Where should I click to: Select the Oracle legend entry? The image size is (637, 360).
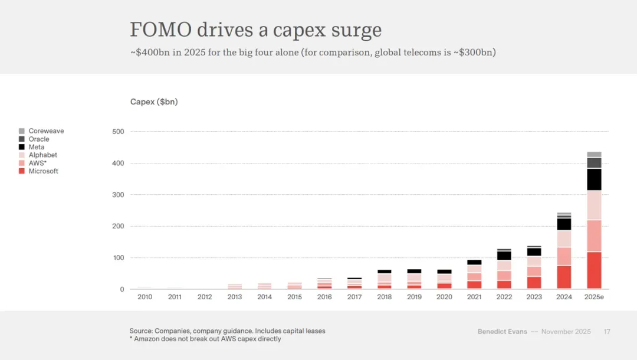click(x=39, y=139)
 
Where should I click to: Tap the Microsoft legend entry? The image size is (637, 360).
click(x=43, y=171)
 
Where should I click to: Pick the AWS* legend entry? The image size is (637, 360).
click(x=37, y=163)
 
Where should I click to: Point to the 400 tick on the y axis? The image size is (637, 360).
click(x=118, y=163)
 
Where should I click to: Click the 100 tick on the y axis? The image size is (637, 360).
click(x=118, y=258)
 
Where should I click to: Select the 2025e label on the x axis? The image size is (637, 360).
click(x=594, y=297)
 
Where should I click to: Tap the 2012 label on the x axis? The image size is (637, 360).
click(x=205, y=297)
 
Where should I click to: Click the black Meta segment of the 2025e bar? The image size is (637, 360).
click(x=594, y=179)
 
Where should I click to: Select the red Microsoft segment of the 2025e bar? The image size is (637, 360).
click(x=594, y=270)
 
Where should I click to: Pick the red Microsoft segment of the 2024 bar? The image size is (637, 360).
click(x=564, y=277)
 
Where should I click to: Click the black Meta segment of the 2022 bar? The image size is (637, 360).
click(x=504, y=256)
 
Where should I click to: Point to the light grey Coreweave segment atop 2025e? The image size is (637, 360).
click(x=594, y=155)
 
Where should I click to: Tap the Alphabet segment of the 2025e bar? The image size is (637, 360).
click(x=594, y=205)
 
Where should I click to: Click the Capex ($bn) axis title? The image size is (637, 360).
click(x=154, y=102)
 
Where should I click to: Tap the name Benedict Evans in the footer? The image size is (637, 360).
click(x=502, y=332)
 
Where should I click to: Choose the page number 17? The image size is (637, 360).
click(x=607, y=332)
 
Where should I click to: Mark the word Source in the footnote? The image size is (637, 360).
click(x=141, y=331)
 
